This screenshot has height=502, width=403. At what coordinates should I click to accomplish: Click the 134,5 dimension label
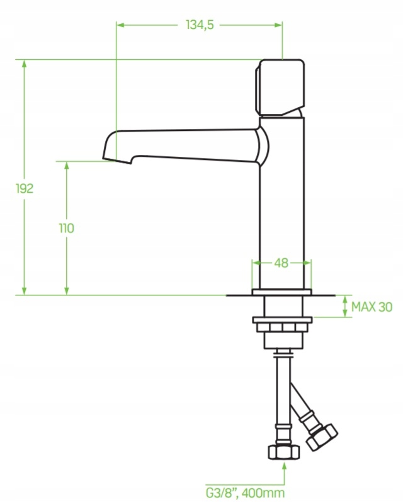click(x=200, y=25)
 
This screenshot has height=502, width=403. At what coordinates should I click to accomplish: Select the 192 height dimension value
click(x=25, y=188)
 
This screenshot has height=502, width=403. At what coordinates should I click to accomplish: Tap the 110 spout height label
click(x=67, y=228)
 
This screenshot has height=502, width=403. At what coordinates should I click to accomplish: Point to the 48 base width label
click(x=281, y=263)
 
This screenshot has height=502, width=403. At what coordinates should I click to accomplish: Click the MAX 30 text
click(x=372, y=307)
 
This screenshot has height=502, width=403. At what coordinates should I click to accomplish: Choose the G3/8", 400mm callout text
click(x=245, y=493)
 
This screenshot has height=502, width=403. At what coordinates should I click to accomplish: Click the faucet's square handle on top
click(x=280, y=88)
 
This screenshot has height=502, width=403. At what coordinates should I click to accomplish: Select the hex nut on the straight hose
click(x=283, y=452)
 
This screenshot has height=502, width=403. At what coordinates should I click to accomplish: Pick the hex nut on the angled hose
click(x=322, y=437)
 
